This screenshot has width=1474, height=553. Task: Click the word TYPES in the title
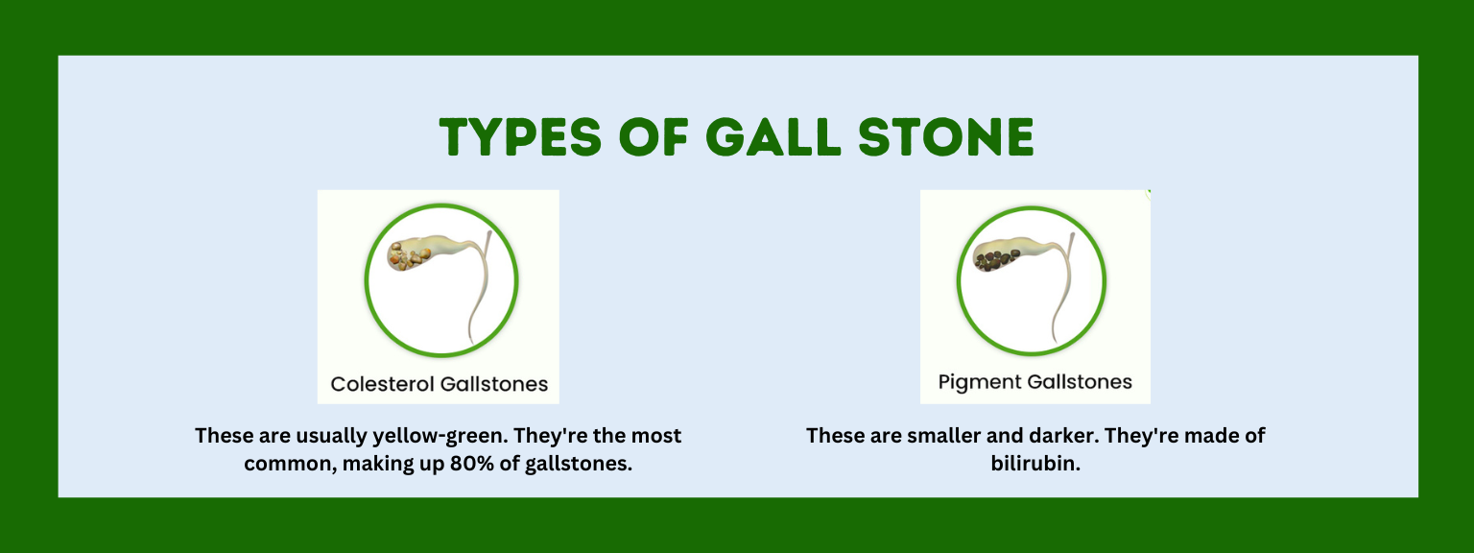click(x=520, y=137)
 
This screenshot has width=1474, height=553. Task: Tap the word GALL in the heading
click(x=773, y=137)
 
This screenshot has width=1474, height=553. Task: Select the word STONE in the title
click(x=946, y=137)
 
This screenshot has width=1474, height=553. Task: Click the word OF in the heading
click(x=654, y=137)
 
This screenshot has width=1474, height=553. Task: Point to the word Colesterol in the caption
click(x=382, y=384)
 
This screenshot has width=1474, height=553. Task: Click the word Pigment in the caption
click(x=979, y=382)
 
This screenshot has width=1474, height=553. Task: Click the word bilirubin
click(x=1035, y=464)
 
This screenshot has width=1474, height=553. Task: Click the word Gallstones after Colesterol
click(x=494, y=384)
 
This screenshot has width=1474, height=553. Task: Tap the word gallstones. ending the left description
click(x=579, y=464)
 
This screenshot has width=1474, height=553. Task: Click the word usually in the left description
click(x=331, y=436)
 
